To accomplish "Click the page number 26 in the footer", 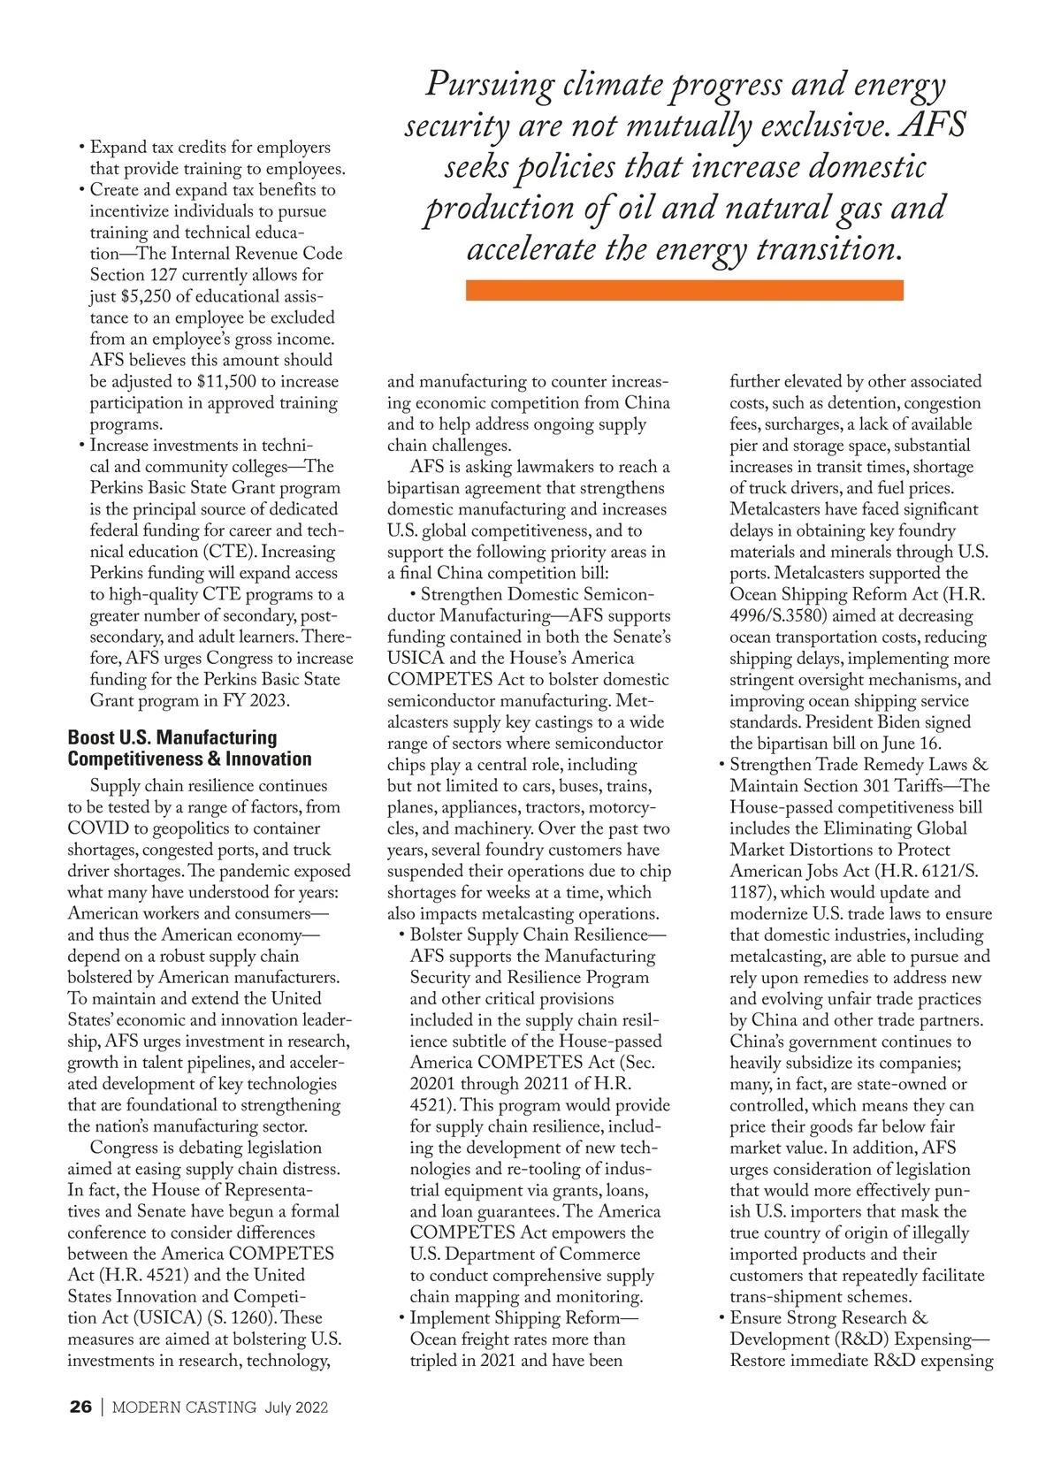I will pos(80,1408).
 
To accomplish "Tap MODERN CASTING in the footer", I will pos(185,1408).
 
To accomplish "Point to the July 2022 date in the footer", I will pos(296,1408).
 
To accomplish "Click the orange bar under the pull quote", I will pos(683,290).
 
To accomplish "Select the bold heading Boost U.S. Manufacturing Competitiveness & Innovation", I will pos(190,748).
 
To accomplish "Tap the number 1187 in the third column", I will pos(752,893).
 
